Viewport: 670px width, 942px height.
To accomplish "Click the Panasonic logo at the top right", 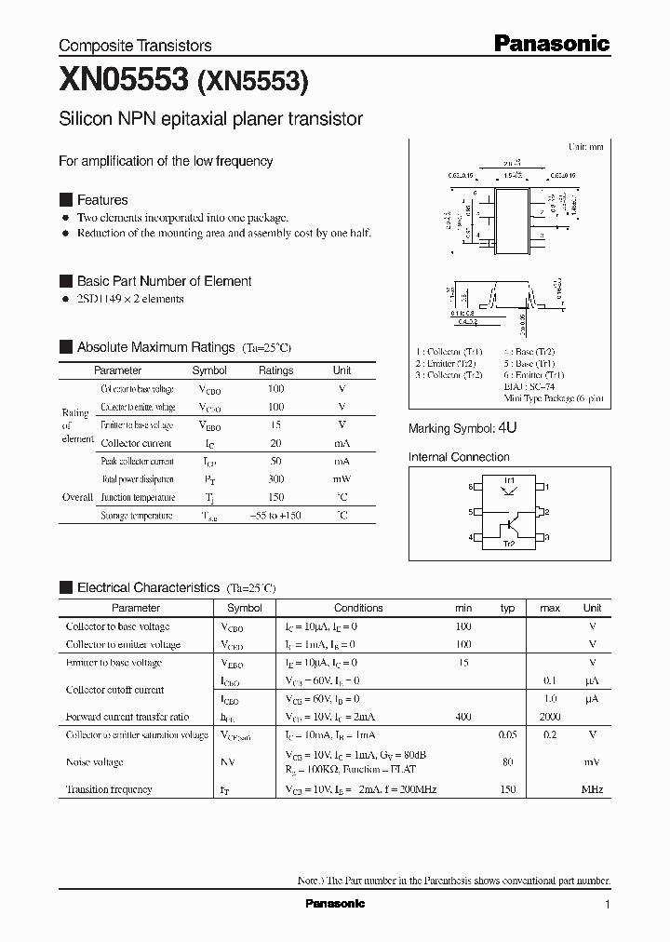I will pos(550,43).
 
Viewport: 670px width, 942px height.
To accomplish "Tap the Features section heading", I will pos(101,200).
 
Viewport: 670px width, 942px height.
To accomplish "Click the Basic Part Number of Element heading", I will pos(164,281).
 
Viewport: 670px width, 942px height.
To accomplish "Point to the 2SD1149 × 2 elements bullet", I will pos(129,299).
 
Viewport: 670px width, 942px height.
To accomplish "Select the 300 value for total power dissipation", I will pos(275,478).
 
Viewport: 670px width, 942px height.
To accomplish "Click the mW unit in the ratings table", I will pos(342,478).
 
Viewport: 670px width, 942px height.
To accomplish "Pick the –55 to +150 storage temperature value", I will pos(275,515).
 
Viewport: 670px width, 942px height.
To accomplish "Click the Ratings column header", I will pos(275,370).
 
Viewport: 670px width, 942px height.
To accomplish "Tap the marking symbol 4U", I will pos(507,428).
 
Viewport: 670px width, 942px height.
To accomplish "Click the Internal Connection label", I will pos(459,457).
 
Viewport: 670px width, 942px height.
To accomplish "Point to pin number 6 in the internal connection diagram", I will pos(471,487).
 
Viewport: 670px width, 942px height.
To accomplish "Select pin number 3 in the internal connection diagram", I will pos(549,537).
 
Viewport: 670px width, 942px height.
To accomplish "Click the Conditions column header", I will pos(358,608).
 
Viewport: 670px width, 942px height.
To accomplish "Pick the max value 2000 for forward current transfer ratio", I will pos(549,717).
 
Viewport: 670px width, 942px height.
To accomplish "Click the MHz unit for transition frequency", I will pos(592,789).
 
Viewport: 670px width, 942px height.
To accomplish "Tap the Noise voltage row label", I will pos(94,762).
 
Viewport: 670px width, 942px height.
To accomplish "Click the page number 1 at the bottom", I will pos(607,905).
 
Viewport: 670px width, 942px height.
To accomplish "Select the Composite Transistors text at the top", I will pos(135,46).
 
